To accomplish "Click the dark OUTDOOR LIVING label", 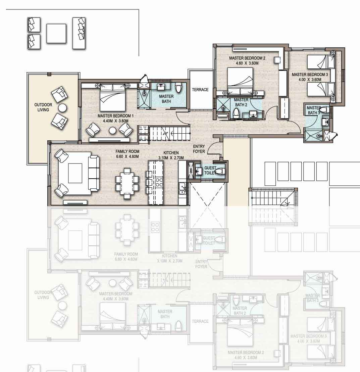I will (x=43, y=107).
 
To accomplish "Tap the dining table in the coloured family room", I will (x=127, y=183).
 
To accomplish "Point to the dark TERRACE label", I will (x=200, y=90).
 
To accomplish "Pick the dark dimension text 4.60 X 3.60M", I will (x=247, y=63).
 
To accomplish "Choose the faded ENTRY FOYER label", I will (x=201, y=264).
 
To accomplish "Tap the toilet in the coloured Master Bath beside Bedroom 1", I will (x=178, y=88).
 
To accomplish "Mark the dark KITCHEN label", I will (x=171, y=153).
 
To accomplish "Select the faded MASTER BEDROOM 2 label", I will (x=246, y=353).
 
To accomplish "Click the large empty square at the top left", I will (x=56, y=33).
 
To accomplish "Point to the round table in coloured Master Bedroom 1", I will (x=112, y=130).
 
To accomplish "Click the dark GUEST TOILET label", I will (x=210, y=171).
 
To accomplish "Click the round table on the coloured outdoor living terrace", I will (x=62, y=107).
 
